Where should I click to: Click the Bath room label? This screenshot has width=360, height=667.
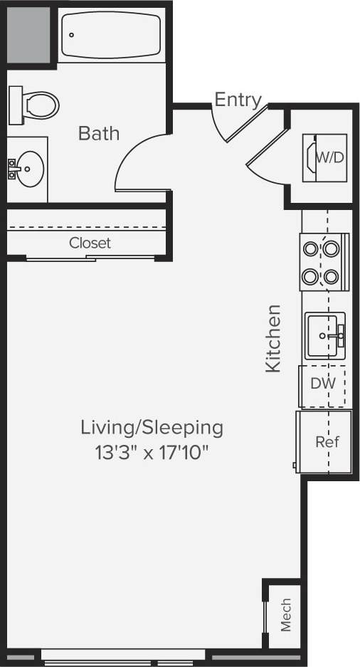tap(99, 133)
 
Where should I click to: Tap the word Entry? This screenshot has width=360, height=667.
tap(238, 100)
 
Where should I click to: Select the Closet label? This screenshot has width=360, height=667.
tap(90, 243)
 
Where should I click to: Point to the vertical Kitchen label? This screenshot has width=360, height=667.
tap(273, 338)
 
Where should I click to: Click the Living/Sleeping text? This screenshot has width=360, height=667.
tap(152, 428)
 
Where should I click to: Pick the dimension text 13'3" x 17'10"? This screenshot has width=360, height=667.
tap(152, 452)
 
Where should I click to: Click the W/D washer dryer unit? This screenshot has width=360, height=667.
tap(325, 157)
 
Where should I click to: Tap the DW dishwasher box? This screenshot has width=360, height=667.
tap(322, 383)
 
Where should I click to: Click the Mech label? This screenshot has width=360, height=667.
tap(285, 614)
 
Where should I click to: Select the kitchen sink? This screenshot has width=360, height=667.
tap(324, 335)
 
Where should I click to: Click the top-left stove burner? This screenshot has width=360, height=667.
tap(311, 249)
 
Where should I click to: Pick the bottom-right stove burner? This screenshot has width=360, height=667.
tap(332, 275)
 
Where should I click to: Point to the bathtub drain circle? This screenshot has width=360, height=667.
tap(72, 34)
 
